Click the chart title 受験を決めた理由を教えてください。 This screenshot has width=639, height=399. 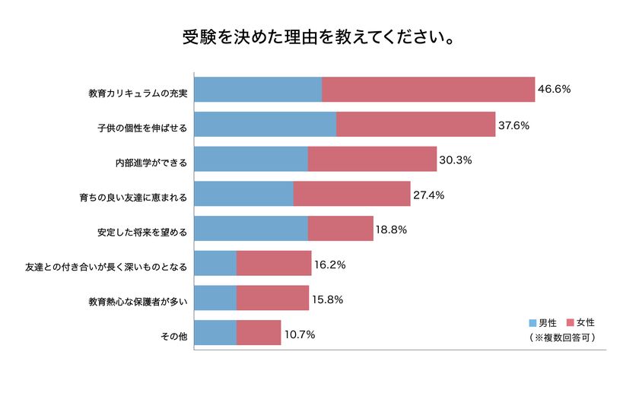coord(319,37)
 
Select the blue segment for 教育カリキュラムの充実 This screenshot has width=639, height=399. coord(258,90)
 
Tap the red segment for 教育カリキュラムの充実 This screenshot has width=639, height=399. coord(428,90)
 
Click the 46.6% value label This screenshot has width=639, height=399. coord(555,90)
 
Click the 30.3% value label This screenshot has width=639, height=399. coord(456,160)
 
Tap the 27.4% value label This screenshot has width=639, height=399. coord(429,195)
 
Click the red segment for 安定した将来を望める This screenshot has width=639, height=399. coord(340,229)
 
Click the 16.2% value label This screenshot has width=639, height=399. coord(330,265)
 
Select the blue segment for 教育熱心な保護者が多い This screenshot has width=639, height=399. coord(215,299)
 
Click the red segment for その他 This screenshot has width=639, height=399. coord(258,333)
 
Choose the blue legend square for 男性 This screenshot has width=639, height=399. coord(532,323)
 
